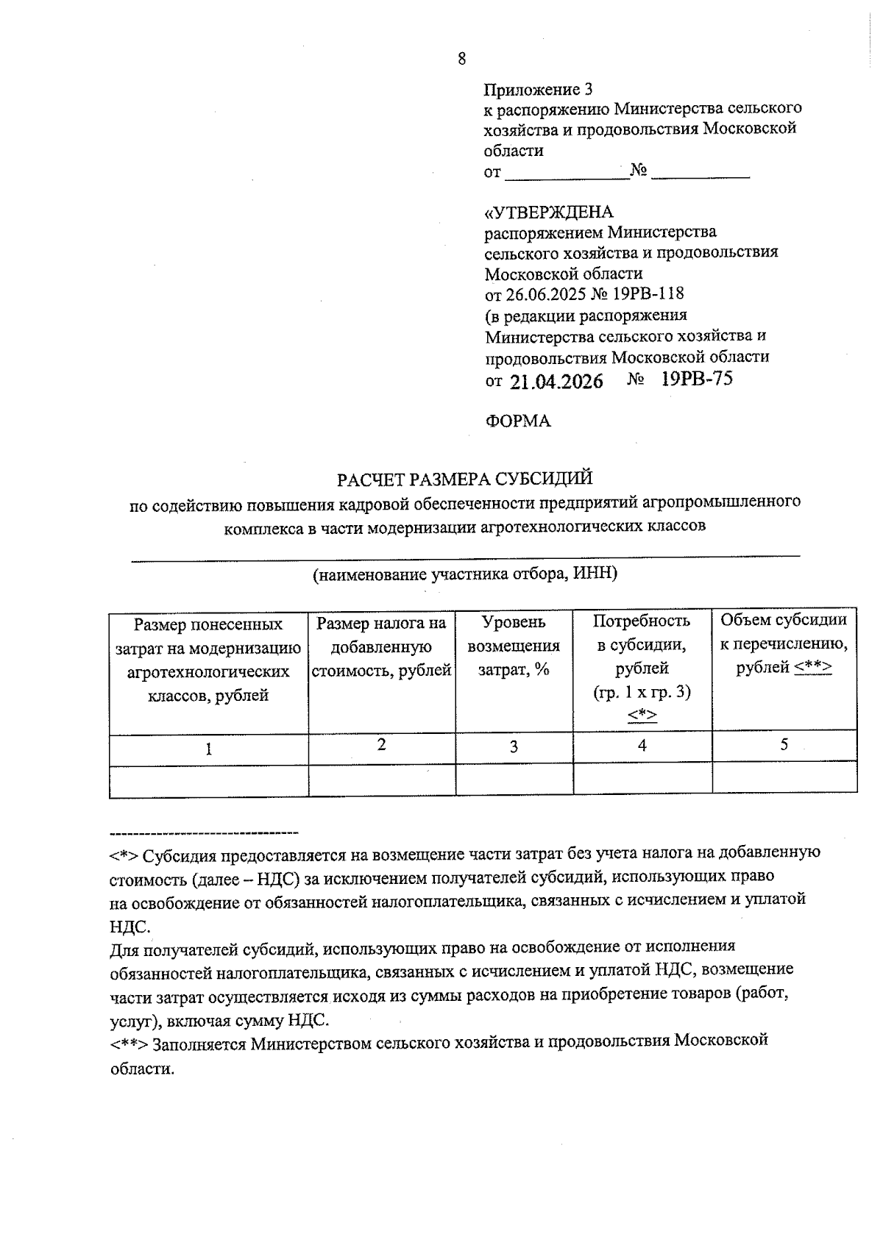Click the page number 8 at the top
(x=461, y=60)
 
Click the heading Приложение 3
(x=538, y=90)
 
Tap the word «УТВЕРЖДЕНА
(x=548, y=213)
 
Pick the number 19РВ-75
(x=697, y=379)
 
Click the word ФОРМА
(x=518, y=421)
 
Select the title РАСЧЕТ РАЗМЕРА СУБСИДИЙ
(x=464, y=479)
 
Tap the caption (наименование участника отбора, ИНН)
(x=464, y=574)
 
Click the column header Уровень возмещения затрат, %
(x=514, y=646)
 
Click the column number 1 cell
(x=209, y=749)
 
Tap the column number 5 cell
(x=784, y=745)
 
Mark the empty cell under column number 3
(x=514, y=780)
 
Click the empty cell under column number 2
(x=381, y=780)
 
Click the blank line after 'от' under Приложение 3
(x=567, y=174)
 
